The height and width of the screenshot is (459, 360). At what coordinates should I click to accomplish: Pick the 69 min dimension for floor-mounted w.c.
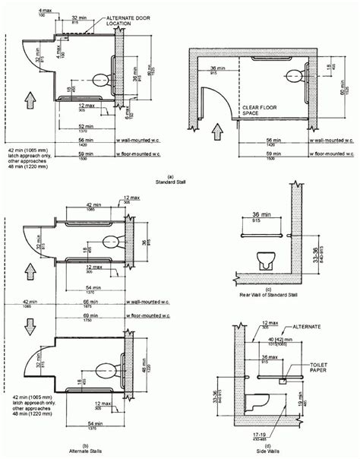(x=93, y=314)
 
